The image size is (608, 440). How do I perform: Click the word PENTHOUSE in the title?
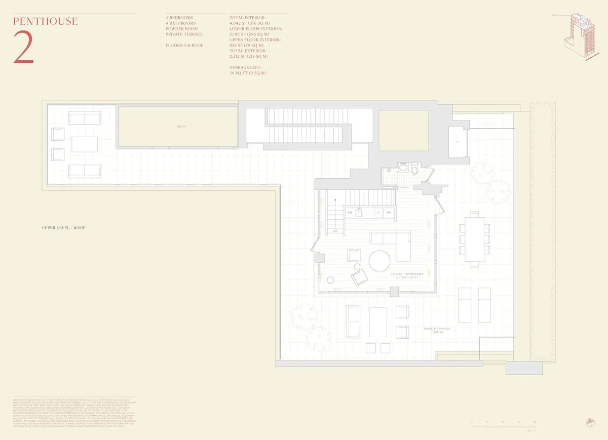[x=46, y=21]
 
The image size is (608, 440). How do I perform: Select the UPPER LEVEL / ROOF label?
[x=64, y=228]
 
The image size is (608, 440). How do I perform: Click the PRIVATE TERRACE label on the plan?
[x=437, y=329]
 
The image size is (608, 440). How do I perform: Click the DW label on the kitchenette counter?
[x=350, y=213]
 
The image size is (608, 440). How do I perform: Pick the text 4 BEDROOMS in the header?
[x=179, y=18]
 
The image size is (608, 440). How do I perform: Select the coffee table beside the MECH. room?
[x=85, y=144]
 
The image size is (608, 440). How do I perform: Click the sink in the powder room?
[x=403, y=167]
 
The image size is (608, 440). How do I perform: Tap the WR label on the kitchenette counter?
[x=389, y=213]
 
